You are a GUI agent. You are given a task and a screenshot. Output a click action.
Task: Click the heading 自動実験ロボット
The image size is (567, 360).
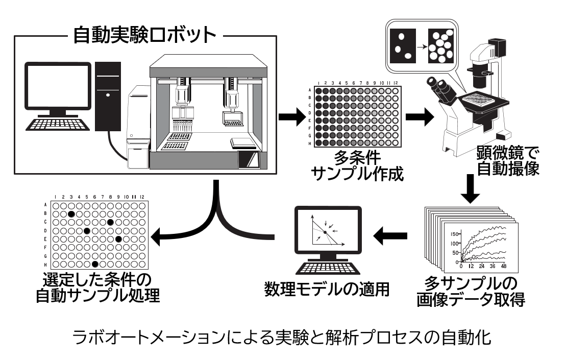click(x=144, y=35)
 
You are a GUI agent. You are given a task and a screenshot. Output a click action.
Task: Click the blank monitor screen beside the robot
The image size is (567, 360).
click(x=58, y=85)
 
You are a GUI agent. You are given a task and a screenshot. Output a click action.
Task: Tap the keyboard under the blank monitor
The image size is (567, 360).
click(x=58, y=124)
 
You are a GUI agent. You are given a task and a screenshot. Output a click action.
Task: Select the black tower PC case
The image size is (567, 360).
click(x=108, y=96)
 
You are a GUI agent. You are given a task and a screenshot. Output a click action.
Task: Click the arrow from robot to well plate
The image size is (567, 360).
click(x=292, y=116)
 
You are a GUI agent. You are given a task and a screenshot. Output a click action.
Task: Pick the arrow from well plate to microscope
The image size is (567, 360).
click(x=420, y=116)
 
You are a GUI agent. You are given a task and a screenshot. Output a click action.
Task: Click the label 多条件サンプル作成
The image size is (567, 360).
click(x=358, y=166)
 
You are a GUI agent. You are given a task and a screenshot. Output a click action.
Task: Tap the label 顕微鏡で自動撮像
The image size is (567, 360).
click(x=508, y=161)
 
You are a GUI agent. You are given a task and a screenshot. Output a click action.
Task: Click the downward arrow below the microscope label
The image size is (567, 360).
click(x=470, y=189)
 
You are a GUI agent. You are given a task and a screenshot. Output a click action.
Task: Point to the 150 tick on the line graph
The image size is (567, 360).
click(x=454, y=234)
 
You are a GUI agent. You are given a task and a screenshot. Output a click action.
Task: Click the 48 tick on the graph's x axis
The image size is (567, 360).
click(x=504, y=266)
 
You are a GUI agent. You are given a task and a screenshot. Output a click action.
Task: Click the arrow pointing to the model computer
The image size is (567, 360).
click(x=390, y=236)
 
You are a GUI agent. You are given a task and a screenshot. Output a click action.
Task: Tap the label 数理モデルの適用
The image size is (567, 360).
click(x=327, y=289)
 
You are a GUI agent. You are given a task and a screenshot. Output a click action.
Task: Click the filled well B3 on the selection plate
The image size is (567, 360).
click(x=71, y=214)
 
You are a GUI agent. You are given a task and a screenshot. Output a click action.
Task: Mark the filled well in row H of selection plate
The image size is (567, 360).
click(x=95, y=264)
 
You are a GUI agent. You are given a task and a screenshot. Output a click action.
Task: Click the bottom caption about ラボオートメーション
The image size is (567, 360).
click(x=282, y=338)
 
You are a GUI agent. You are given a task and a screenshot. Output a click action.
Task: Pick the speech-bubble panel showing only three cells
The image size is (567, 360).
click(x=403, y=46)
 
